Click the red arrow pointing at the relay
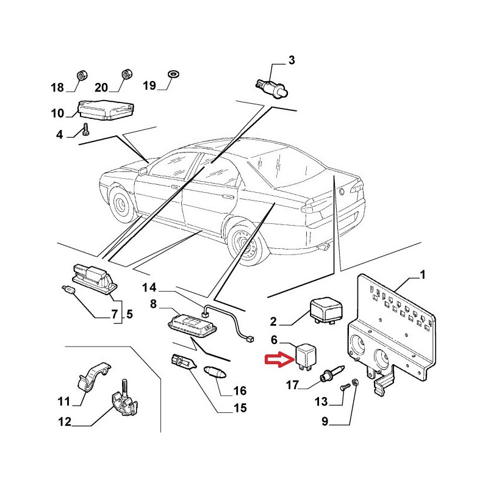(274, 361)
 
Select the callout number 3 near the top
(291, 60)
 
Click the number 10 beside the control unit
(57, 113)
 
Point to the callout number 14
(149, 287)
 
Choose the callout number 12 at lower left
(65, 421)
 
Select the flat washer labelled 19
(173, 74)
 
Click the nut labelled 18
(81, 75)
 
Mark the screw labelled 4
(85, 129)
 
